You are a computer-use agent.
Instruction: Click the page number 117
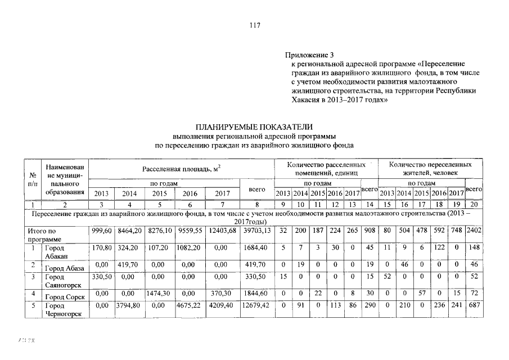coord(254,25)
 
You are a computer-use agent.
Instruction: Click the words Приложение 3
coord(309,55)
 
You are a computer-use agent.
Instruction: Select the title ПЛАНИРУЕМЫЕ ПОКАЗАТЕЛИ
coord(254,127)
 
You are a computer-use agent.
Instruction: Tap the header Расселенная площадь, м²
coord(181,168)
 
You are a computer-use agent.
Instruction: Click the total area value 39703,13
coord(256,230)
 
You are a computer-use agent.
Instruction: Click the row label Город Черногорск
coord(62,310)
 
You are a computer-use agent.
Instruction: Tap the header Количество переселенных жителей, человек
coord(430,168)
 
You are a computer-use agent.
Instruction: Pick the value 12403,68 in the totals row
coord(223,230)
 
